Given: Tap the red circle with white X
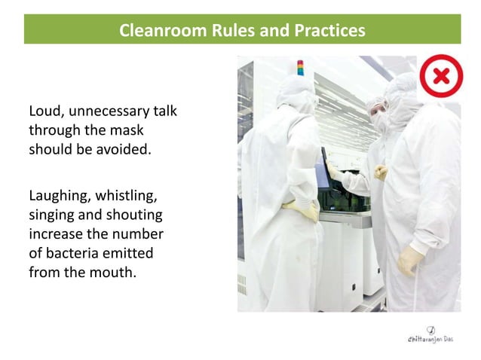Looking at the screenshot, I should coord(441,76).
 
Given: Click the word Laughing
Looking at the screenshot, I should coord(57,197).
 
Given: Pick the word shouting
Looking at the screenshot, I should coord(129,215).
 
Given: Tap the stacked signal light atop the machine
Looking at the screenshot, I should coord(300,67).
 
